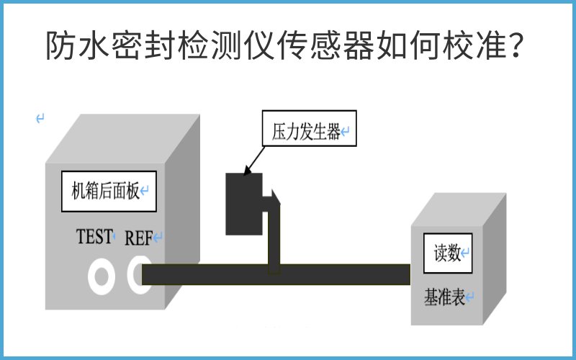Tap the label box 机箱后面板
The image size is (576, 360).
tap(109, 192)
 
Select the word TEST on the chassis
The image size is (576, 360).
tap(94, 236)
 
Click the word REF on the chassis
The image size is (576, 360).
tap(139, 238)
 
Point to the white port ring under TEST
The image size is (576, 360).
tap(101, 276)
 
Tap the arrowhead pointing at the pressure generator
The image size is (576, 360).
tap(250, 170)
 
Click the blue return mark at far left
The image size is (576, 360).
tap(40, 118)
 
